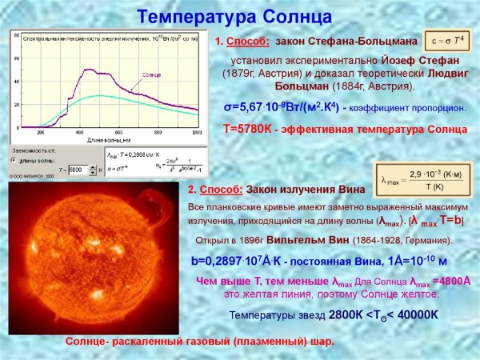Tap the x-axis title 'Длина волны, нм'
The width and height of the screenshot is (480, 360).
point(109,139)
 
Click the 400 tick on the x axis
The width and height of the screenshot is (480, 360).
point(80,131)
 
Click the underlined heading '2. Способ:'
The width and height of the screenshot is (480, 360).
point(214,190)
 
